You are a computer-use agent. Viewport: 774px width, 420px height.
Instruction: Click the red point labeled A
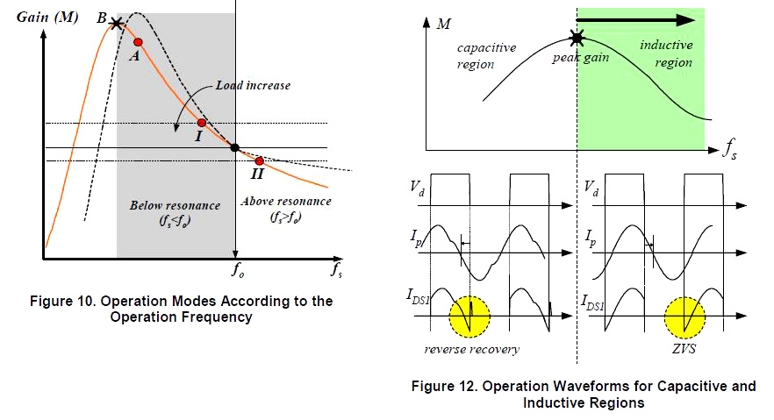point(138,42)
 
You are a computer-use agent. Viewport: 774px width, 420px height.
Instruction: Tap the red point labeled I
point(201,124)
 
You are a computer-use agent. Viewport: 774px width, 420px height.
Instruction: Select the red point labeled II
point(259,161)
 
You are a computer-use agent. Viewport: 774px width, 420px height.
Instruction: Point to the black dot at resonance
point(234,147)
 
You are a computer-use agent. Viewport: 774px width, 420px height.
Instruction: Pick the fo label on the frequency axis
point(237,270)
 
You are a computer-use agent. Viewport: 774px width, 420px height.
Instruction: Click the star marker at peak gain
point(577,38)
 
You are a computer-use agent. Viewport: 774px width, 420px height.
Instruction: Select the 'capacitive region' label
point(488,55)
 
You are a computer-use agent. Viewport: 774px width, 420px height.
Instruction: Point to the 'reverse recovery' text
point(473,349)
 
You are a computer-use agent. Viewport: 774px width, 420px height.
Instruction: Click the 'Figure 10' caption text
point(182,309)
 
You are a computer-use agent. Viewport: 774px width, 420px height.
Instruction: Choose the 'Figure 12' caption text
point(584,395)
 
